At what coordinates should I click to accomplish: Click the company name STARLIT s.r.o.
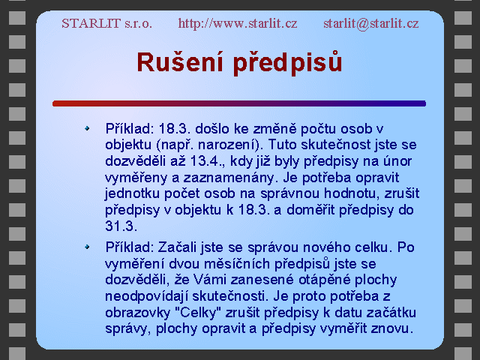pos(106,23)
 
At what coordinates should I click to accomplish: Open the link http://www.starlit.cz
pos(238,23)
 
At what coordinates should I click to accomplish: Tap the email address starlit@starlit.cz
pos(371,23)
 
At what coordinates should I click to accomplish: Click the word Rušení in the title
pos(180,62)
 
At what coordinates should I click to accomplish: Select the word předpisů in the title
pos(287,63)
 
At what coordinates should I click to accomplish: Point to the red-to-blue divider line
pos(239,103)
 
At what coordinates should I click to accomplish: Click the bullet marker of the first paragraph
pos(87,128)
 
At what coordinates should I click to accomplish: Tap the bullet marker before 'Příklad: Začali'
pos(87,247)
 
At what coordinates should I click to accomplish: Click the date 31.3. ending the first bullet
pos(121,226)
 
